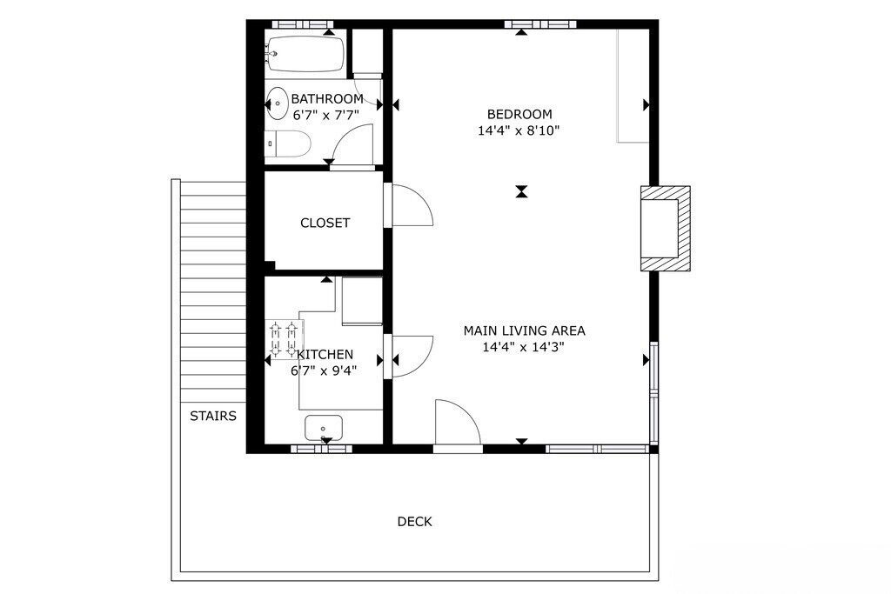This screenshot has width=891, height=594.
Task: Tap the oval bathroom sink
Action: pyautogui.click(x=278, y=103)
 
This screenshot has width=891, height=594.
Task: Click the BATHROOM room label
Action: pyautogui.click(x=327, y=99)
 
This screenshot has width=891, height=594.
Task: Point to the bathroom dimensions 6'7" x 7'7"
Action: pyautogui.click(x=326, y=116)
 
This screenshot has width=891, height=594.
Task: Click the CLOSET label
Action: pyautogui.click(x=325, y=223)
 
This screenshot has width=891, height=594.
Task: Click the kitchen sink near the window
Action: pyautogui.click(x=324, y=428)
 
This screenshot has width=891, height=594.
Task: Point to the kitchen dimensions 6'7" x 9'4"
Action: pyautogui.click(x=324, y=370)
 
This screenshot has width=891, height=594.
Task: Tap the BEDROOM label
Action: pyautogui.click(x=519, y=114)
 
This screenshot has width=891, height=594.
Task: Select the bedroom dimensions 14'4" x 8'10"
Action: pyautogui.click(x=519, y=130)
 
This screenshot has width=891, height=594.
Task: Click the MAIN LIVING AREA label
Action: pyautogui.click(x=524, y=330)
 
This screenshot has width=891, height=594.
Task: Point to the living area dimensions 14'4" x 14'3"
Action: pyautogui.click(x=523, y=347)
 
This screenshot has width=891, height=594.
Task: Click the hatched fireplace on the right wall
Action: pyautogui.click(x=666, y=228)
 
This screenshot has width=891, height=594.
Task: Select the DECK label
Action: pyautogui.click(x=415, y=521)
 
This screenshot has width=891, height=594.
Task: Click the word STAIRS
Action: pyautogui.click(x=213, y=417)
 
